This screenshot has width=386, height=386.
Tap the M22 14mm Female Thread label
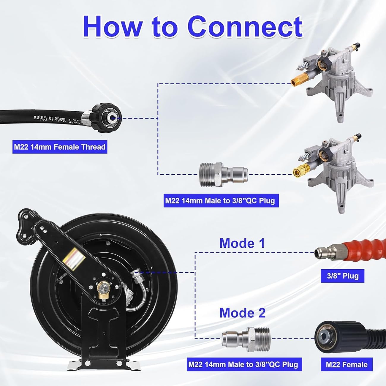coord(60,147)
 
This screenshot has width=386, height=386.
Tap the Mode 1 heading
coord(242,243)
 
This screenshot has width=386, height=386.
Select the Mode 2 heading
coord(242,313)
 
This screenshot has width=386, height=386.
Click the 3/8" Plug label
coord(342,276)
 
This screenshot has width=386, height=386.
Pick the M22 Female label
coord(347,365)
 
